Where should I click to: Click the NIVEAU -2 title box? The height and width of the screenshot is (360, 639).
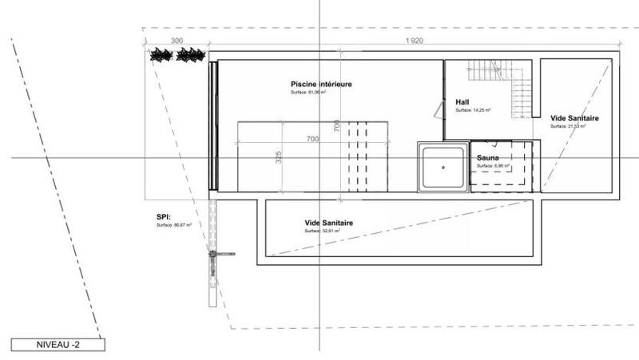pyautogui.click(x=57, y=345)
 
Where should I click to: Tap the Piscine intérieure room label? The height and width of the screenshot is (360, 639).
pyautogui.click(x=321, y=84)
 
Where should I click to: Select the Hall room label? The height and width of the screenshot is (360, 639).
pyautogui.click(x=462, y=102)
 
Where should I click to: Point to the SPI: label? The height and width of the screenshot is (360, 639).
pyautogui.click(x=165, y=216)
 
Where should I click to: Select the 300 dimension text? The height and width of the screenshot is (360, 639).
pyautogui.click(x=177, y=39)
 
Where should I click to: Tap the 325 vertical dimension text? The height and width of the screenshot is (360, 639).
pyautogui.click(x=279, y=156)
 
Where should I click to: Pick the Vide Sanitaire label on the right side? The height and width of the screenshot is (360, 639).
pyautogui.click(x=574, y=118)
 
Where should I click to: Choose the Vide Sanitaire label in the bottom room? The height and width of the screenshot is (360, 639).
pyautogui.click(x=329, y=223)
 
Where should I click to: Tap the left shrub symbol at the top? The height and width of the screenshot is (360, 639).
pyautogui.click(x=161, y=55)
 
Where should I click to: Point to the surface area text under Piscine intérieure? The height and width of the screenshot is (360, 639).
pyautogui.click(x=308, y=93)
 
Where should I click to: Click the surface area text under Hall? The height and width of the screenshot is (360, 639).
pyautogui.click(x=473, y=111)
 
